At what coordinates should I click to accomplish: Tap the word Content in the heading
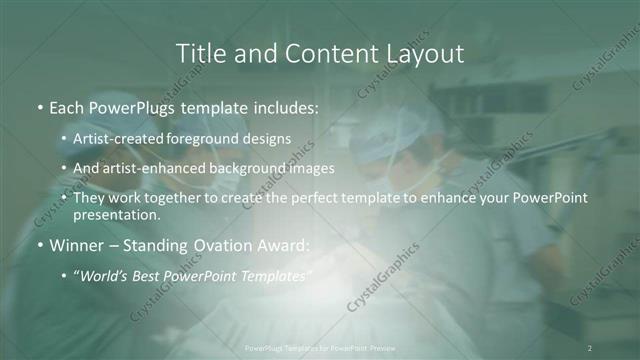click(x=322, y=53)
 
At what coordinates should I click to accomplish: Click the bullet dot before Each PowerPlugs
click(x=39, y=105)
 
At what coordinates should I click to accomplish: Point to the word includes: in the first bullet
click(x=284, y=105)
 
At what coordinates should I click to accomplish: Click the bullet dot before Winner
click(x=39, y=244)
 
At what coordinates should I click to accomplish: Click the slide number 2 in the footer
click(x=590, y=348)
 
